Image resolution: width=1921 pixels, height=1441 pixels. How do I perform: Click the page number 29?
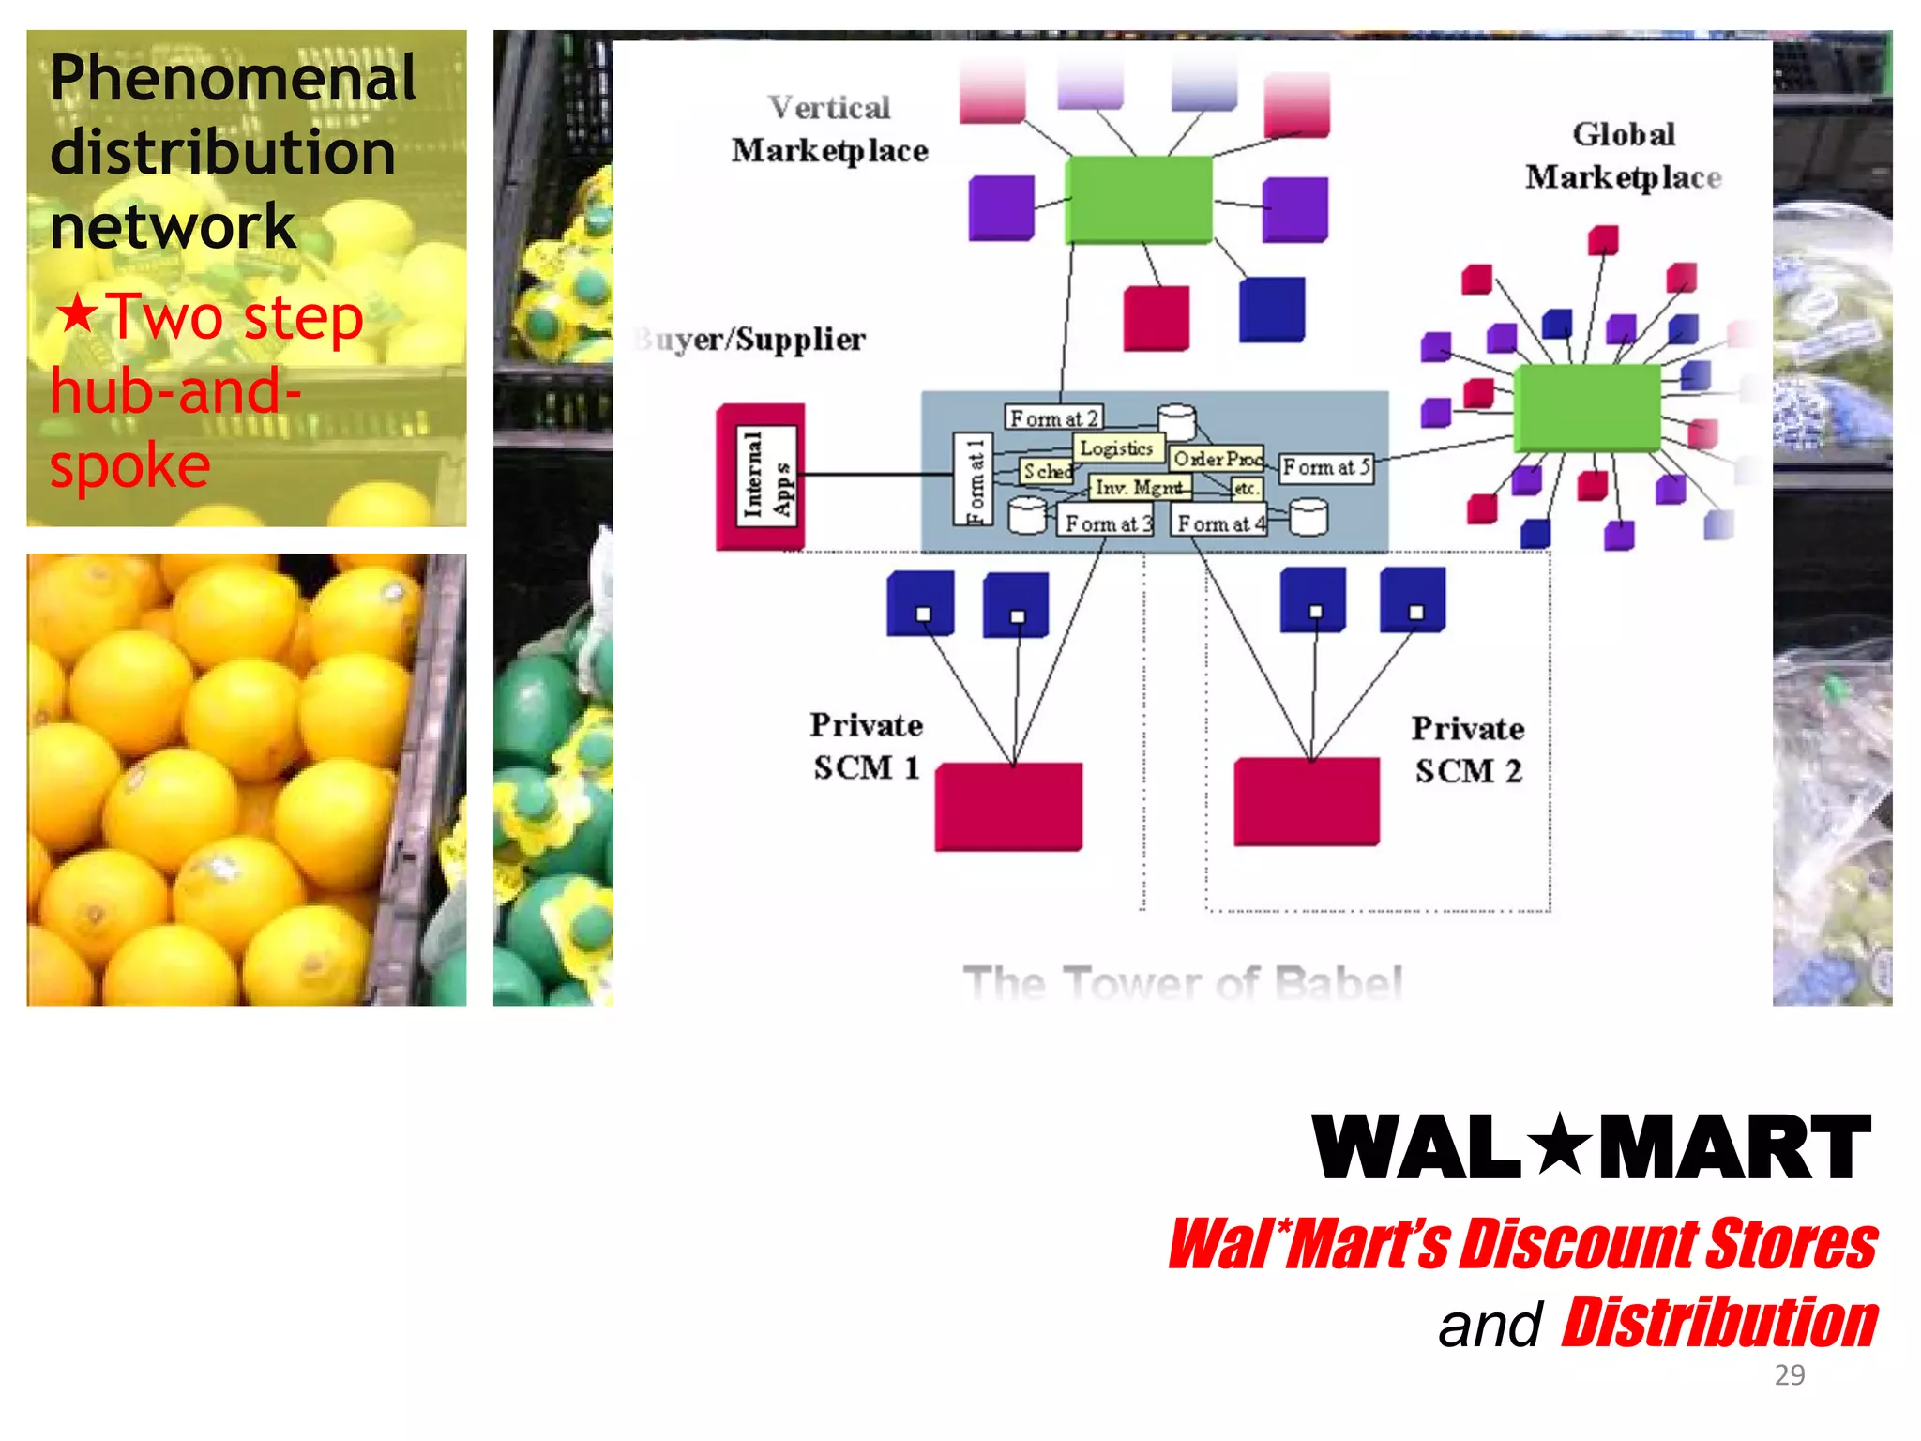tap(1789, 1374)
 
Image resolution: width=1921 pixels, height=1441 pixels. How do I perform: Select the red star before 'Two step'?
tap(77, 314)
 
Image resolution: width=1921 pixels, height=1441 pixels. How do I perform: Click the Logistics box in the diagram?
tap(1116, 448)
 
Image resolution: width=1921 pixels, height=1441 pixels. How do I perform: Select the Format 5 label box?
tap(1325, 467)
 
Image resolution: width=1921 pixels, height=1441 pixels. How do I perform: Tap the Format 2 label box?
tap(1052, 417)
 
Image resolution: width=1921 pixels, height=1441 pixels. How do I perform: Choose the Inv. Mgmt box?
tap(1139, 487)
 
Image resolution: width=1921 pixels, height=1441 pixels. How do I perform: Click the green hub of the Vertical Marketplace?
tap(1139, 199)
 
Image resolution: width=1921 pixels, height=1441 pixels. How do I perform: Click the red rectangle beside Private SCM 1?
tap(1008, 806)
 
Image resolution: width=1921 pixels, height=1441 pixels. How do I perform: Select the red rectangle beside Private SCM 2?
tap(1307, 802)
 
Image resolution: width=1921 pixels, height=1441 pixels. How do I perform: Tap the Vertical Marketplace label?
tap(829, 129)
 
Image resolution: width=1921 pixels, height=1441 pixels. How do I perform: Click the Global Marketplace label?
tap(1623, 156)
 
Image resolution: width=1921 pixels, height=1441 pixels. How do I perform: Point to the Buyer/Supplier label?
tap(750, 339)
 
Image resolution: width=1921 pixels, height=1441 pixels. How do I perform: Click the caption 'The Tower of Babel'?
tap(1182, 982)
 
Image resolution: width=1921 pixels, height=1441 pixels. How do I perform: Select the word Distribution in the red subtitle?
tap(1718, 1323)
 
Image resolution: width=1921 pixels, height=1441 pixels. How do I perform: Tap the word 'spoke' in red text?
tap(129, 465)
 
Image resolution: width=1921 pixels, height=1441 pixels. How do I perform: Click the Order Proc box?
tap(1217, 459)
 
